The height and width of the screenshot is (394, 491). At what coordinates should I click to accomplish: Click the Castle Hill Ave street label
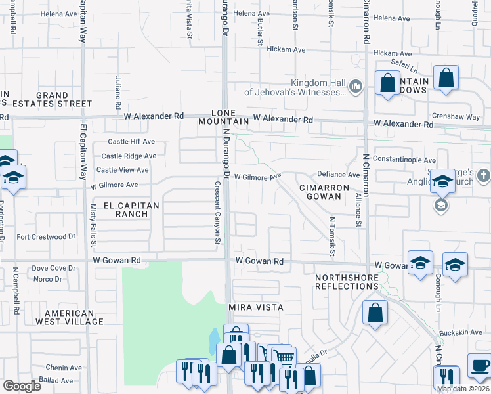pos(131,142)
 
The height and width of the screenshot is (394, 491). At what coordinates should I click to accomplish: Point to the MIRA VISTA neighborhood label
pos(255,307)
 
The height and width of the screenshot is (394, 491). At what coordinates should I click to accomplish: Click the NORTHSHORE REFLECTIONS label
pos(347,282)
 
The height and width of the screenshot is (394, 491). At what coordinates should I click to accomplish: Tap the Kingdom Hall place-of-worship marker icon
pos(356,87)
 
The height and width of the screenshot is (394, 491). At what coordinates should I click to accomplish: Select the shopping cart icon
pos(283,357)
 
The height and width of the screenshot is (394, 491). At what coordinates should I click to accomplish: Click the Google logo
pos(22,386)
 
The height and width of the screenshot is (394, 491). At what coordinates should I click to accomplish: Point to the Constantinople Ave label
pos(404,160)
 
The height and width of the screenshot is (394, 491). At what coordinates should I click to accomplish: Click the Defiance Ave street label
pos(339,175)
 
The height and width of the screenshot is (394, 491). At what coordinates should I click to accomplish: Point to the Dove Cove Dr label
pos(49,268)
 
